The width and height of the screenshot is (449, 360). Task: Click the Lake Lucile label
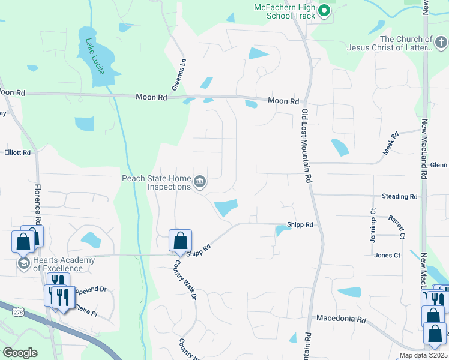(x=95, y=58)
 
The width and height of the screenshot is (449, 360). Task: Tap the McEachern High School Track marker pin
(x=324, y=10)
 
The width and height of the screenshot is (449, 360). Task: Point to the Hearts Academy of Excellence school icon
(x=24, y=264)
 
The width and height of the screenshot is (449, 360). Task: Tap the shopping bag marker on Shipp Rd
(x=180, y=241)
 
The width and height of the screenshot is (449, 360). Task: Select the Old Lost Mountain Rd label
(x=307, y=146)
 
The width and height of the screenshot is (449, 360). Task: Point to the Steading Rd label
(x=399, y=196)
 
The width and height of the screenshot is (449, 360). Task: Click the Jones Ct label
(x=387, y=255)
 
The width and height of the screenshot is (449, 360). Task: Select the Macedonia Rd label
(x=341, y=318)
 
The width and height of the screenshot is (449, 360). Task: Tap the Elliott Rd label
(x=17, y=153)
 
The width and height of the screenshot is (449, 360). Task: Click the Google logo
(x=20, y=352)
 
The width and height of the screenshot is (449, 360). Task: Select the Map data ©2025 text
(x=421, y=355)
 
